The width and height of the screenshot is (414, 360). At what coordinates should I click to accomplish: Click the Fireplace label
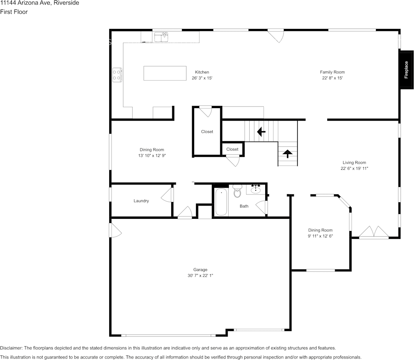406,70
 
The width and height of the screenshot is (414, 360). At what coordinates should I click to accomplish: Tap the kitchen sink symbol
161,37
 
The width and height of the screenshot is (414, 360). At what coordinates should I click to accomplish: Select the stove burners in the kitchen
117,75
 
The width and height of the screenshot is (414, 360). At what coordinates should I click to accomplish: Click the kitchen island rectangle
165,73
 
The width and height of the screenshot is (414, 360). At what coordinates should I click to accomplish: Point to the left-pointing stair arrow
261,132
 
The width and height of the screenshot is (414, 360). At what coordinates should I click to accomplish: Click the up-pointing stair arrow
287,154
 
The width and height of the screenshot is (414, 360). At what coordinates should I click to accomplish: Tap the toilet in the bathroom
237,191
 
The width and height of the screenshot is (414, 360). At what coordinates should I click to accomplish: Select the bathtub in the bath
221,202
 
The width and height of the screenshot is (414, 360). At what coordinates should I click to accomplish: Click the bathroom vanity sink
255,189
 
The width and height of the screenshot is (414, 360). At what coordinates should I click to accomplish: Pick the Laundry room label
141,201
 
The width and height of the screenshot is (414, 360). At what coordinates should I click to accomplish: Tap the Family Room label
332,72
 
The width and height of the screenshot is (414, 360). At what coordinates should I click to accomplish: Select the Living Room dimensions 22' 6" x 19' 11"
354,169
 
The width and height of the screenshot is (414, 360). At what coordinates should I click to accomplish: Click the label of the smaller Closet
232,149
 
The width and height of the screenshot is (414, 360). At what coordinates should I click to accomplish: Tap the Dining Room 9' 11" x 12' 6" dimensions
320,236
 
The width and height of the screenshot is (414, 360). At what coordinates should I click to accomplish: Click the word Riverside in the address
68,3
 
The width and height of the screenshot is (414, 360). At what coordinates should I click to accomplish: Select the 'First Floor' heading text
14,12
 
